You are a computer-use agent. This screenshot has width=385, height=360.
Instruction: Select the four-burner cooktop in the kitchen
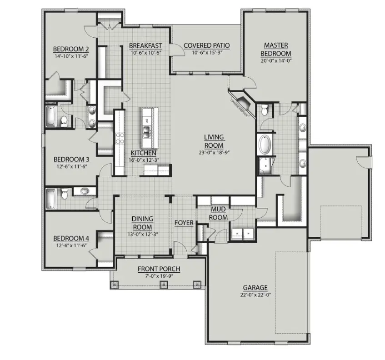(x=120, y=138)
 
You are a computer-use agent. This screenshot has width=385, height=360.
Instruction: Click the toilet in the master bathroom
(x=264, y=110)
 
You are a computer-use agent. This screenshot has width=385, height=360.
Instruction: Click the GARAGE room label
(x=255, y=287)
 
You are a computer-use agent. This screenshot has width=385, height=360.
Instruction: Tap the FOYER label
(x=184, y=223)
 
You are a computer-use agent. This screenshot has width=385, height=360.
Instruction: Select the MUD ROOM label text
(x=218, y=213)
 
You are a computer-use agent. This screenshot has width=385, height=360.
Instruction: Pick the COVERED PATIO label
(x=206, y=45)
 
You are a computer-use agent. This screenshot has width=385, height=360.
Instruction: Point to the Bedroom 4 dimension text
(x=70, y=245)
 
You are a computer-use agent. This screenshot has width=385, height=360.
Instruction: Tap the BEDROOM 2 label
(x=70, y=50)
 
